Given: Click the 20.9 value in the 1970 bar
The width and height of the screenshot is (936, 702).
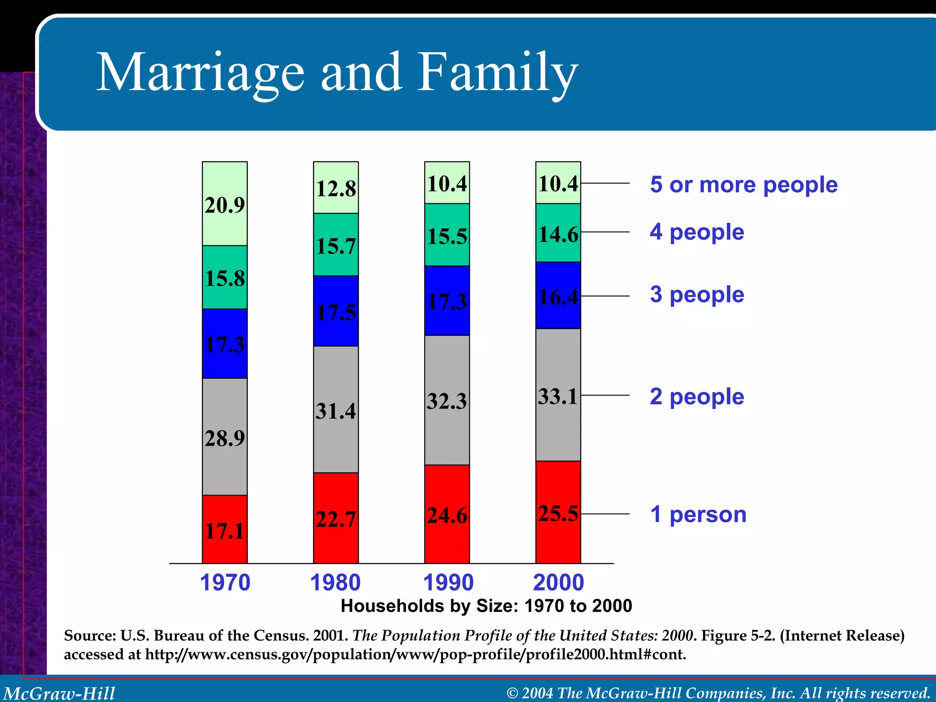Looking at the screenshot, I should point(224,205).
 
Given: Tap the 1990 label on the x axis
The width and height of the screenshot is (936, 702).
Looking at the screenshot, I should point(448,583).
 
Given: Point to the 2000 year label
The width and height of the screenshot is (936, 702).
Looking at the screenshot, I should point(558,583).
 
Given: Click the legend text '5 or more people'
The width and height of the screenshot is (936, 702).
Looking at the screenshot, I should point(744,185).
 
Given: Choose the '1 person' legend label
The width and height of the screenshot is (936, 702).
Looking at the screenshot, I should point(698,514).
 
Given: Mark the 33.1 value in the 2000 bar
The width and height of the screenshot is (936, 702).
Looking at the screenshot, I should point(558,396).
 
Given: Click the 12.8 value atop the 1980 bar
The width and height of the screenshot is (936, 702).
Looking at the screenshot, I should point(336,189).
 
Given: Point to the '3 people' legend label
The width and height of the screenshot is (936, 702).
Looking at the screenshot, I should point(697,294).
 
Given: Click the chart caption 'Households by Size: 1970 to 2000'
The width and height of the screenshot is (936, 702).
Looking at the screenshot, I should point(486,606).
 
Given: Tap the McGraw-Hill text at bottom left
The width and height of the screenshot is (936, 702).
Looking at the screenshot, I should point(59,693).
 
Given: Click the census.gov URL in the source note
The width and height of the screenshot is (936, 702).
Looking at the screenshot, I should point(415,654).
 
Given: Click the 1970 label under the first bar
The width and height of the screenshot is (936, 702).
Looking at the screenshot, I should point(225,583).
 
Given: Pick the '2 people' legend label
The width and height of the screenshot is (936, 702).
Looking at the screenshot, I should point(697,396).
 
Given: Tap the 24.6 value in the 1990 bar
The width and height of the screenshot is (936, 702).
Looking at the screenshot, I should point(447,516).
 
